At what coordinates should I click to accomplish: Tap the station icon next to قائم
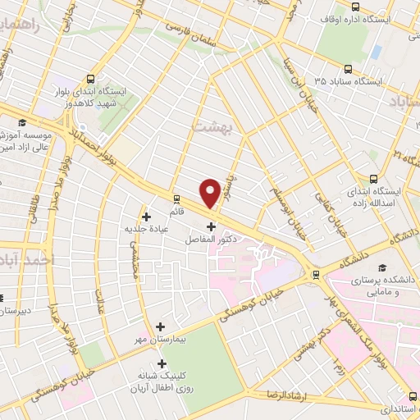(176, 199)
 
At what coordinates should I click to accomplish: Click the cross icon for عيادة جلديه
(147, 217)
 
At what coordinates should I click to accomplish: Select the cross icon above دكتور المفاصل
(212, 226)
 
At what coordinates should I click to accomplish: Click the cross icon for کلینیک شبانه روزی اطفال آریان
(161, 363)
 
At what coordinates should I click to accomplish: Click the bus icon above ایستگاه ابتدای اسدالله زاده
(374, 179)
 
